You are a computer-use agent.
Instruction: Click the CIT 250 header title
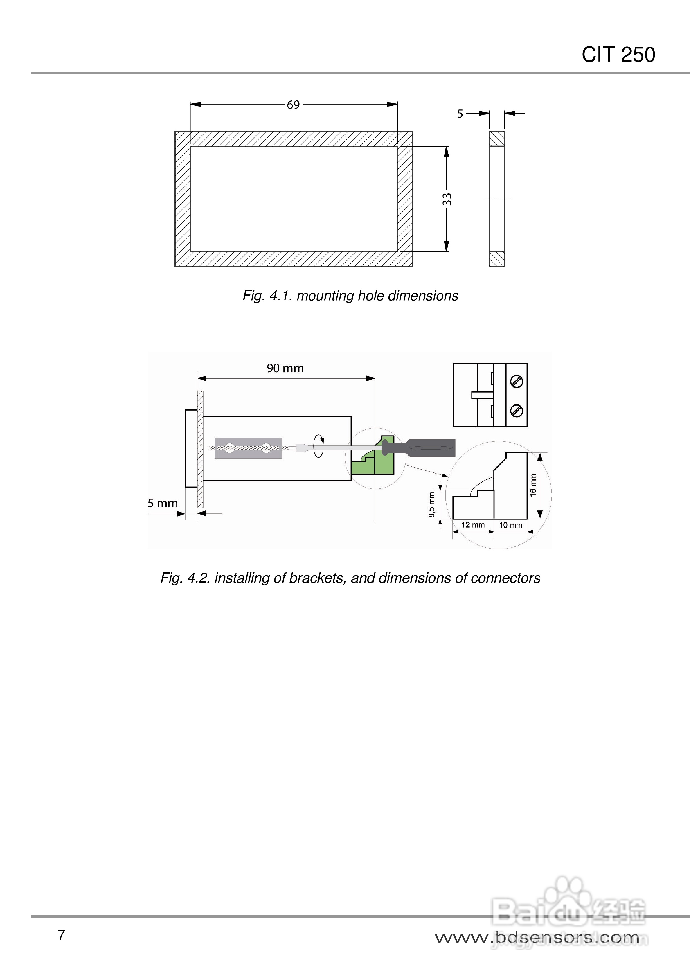618,55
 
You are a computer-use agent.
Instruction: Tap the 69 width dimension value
293,105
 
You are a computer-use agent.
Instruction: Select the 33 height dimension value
447,199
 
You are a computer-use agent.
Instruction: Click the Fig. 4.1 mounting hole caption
350,296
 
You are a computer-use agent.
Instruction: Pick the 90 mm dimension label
285,368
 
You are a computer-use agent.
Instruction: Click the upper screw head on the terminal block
516,382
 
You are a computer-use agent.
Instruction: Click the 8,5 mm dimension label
431,505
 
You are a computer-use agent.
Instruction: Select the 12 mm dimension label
473,525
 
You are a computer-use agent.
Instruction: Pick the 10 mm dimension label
510,525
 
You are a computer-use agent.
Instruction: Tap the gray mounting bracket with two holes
248,448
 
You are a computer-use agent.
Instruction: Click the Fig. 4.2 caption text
350,578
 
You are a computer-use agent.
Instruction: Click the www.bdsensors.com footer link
537,938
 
